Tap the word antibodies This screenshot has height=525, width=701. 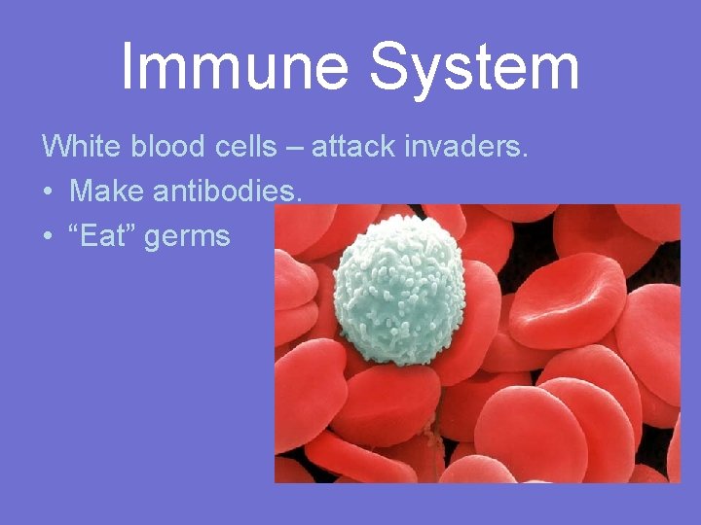[x=225, y=192]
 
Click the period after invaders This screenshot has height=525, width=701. [x=525, y=156]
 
